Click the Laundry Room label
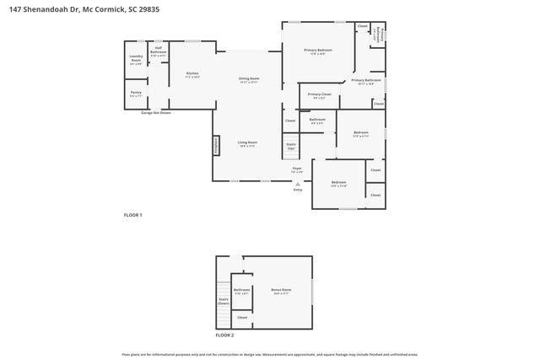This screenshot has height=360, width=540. tap(136, 59)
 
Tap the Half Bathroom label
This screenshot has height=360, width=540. tap(158, 51)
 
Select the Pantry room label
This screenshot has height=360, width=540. tap(136, 94)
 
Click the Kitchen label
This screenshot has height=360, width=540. tap(192, 75)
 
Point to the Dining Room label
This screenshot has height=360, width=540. tap(248, 80)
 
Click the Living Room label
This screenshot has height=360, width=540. tap(247, 144)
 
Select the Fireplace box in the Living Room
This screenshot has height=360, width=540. tap(215, 145)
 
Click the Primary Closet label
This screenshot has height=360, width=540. tap(319, 96)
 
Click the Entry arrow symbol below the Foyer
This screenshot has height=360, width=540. tap(297, 183)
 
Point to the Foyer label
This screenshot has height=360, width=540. tap(297, 170)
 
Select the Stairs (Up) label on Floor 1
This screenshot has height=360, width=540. tap(291, 147)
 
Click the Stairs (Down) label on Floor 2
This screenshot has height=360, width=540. tap(224, 301)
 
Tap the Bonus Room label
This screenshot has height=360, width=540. tap(281, 292)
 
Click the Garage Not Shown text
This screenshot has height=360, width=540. tap(156, 112)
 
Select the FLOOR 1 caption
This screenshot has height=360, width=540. tap(133, 216)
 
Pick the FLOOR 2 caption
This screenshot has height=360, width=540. tap(224, 336)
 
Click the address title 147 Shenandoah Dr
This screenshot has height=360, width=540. tap(67, 8)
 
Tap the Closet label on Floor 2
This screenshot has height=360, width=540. tap(242, 317)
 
